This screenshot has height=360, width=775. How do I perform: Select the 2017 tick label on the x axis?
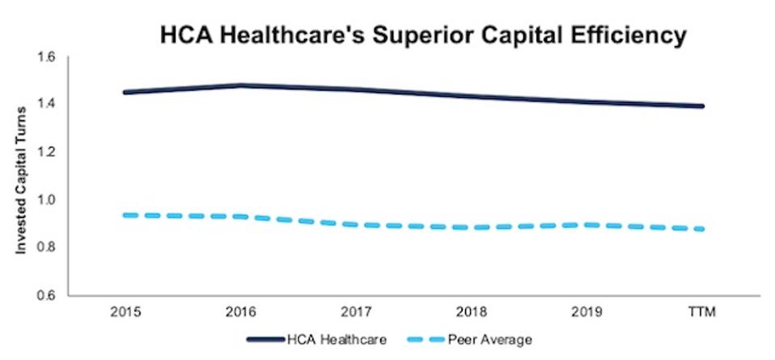click(356, 311)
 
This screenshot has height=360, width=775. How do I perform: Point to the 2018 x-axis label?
click(472, 311)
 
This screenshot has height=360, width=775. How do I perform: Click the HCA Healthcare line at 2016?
click(240, 85)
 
